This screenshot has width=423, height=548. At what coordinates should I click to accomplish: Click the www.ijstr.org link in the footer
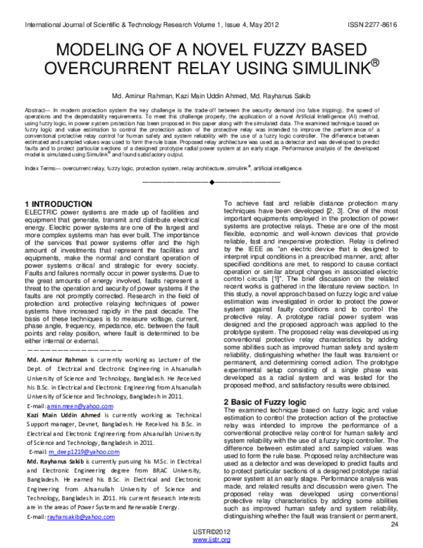coord(211,540)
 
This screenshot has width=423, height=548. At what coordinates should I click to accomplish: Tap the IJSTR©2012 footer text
coord(211,532)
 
